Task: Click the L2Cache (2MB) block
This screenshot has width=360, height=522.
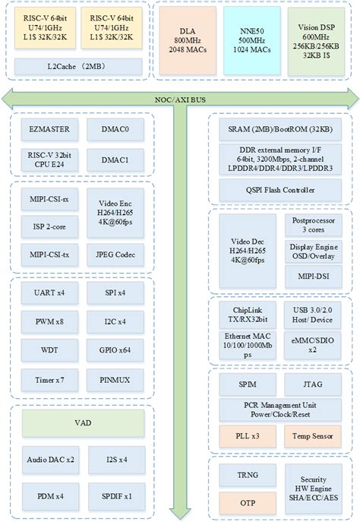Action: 80,66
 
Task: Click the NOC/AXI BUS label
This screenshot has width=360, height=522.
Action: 180,97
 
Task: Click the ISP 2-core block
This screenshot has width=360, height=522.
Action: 45,226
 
